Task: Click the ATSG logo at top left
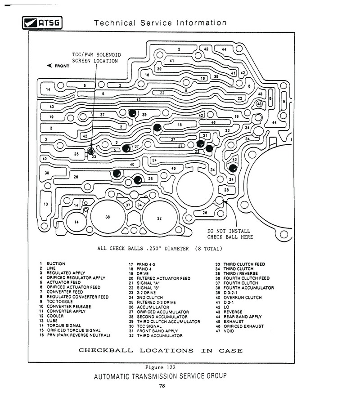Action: (42, 23)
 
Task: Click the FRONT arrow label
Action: (58, 66)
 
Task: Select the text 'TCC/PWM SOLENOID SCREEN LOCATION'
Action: (96, 58)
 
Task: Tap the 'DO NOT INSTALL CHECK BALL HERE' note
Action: (230, 234)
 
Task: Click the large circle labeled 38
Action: (108, 217)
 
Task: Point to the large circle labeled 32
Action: (159, 218)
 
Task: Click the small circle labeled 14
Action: (76, 222)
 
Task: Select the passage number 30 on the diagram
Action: (47, 173)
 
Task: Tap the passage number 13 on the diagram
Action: (46, 204)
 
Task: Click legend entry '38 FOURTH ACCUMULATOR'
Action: (244, 288)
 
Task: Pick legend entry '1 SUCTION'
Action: (53, 263)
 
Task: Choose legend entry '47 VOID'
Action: (225, 331)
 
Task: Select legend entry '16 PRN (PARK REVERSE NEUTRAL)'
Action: (75, 335)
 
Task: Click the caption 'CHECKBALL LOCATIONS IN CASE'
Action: (161, 351)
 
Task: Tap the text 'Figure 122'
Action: (160, 367)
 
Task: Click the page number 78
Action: (162, 386)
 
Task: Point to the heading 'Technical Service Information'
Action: (160, 23)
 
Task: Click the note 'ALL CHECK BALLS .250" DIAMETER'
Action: (143, 249)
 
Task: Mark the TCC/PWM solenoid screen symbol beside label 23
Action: (90, 152)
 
